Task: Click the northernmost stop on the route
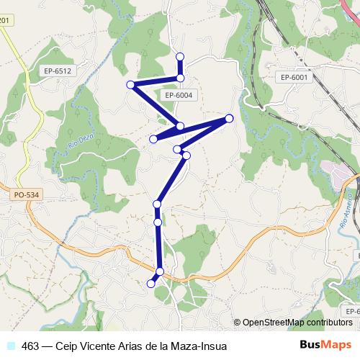pyautogui.click(x=180, y=56)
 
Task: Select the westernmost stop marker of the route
pyautogui.click(x=130, y=85)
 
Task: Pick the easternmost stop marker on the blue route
pyautogui.click(x=229, y=118)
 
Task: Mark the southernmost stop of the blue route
pyautogui.click(x=151, y=284)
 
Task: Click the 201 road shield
pyautogui.click(x=4, y=20)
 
